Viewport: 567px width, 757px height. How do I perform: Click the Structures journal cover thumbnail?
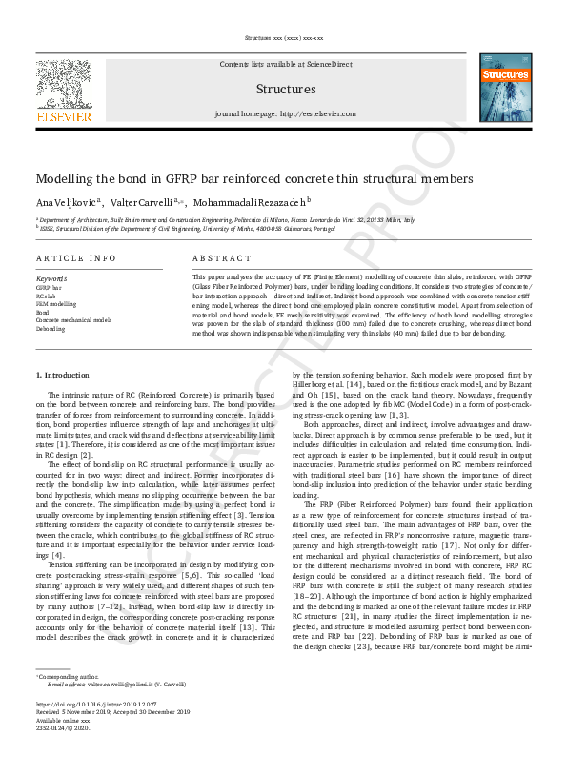point(504,88)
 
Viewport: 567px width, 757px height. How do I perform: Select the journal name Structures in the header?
point(285,89)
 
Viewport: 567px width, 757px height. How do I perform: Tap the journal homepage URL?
point(285,113)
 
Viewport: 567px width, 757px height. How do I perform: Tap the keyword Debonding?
point(51,329)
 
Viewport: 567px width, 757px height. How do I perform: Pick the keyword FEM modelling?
point(56,304)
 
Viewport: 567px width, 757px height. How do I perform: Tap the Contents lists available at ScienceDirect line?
point(285,63)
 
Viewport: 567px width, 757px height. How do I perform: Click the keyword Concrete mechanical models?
point(73,320)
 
